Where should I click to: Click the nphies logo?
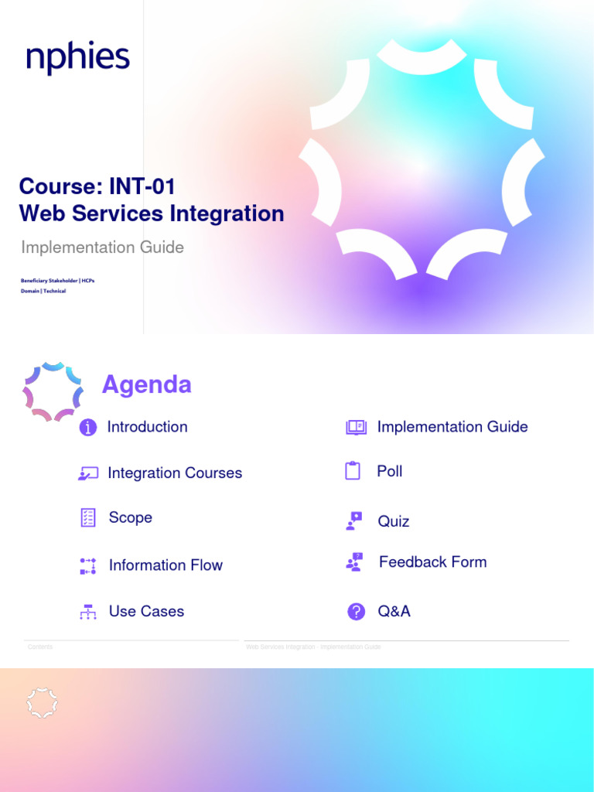(77, 59)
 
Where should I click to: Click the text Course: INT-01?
(97, 186)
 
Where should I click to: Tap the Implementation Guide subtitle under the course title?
(102, 247)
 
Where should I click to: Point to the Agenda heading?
(147, 384)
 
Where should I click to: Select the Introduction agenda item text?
(147, 427)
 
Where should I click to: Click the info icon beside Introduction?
(88, 428)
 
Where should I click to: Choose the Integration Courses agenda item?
(175, 473)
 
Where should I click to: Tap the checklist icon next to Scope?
(88, 518)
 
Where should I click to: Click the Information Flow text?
(166, 565)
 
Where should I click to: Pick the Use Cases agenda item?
(146, 611)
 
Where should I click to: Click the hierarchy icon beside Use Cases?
(88, 612)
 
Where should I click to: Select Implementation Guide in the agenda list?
(452, 427)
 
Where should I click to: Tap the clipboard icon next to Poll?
(353, 471)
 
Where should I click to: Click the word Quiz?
(393, 521)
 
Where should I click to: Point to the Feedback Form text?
(432, 562)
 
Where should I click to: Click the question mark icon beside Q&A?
(356, 612)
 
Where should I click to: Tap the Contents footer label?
(40, 647)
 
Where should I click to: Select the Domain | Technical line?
(43, 291)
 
